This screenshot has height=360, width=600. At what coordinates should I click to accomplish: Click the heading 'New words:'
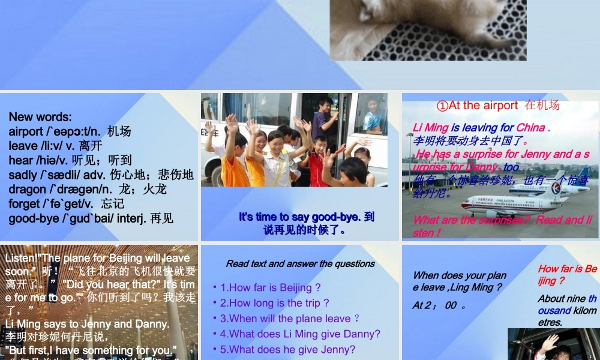pos(40,117)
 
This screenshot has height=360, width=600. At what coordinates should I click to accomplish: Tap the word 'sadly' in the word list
pos(22,175)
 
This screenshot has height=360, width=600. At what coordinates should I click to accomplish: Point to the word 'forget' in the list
pos(24,203)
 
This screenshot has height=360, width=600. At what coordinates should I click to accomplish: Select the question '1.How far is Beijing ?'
pos(271,287)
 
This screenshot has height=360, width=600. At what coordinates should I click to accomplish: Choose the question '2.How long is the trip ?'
pos(275,303)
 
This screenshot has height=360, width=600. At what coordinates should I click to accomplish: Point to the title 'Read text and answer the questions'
pos(300,263)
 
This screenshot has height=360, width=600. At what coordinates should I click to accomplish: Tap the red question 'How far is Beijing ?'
pos(567,274)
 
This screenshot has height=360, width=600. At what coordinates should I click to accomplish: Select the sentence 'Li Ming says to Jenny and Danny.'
pos(87,324)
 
